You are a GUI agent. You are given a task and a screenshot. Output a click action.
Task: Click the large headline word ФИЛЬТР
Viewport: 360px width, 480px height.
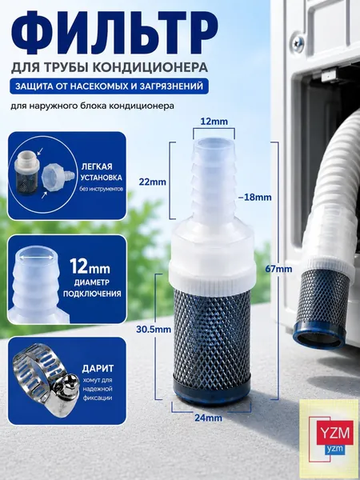[x=114, y=34]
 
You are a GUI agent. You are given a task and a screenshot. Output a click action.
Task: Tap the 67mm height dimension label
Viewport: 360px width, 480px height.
[x=279, y=269]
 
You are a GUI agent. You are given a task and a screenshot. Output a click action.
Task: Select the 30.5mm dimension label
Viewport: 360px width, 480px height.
[x=154, y=330]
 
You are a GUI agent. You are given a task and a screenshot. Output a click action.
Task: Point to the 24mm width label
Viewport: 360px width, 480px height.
[x=208, y=418]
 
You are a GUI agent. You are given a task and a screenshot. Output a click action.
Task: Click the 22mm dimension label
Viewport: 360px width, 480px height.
[x=153, y=182]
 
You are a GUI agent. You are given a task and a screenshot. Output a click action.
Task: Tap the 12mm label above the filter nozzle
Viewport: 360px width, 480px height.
[x=214, y=122]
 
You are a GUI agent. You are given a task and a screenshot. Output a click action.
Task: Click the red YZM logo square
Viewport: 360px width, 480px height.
[x=334, y=432]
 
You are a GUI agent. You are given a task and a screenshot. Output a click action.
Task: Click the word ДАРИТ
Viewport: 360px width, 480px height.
[x=98, y=369]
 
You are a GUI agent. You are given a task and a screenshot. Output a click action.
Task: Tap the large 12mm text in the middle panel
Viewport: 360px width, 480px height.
[x=90, y=267]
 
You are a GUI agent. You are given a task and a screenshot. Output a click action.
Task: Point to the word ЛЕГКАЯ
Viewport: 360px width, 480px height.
[x=97, y=166]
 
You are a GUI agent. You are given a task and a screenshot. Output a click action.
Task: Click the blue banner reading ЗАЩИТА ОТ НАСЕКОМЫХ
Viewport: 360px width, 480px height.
[x=110, y=86]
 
